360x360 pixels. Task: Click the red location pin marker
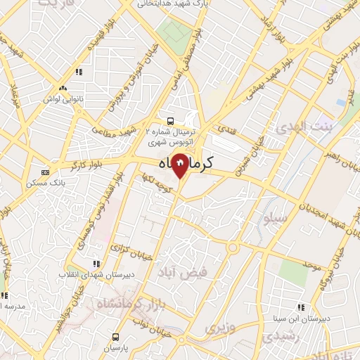pos(180,166)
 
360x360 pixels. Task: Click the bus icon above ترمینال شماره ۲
pos(170,120)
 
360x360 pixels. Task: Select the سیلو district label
pos(274,219)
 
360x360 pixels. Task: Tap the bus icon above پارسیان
pos(116,337)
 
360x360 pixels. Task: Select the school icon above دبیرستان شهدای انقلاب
pos(95,264)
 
